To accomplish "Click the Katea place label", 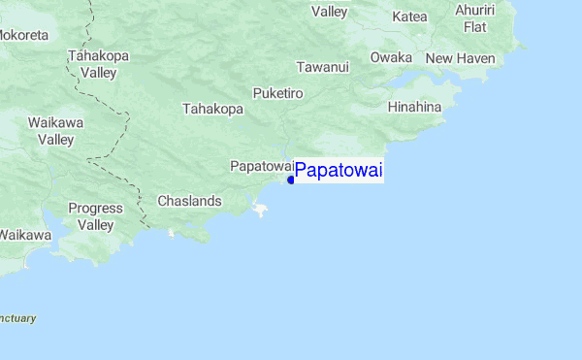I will click(409, 16).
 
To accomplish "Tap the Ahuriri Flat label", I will click(474, 18).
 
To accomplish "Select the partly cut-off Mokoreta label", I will click(23, 35).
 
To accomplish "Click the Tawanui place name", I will click(322, 67).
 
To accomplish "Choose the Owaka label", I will click(391, 58).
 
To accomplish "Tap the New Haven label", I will click(460, 59).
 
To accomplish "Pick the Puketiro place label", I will click(278, 93).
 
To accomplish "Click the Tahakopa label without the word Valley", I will click(212, 109).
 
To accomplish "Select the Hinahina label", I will click(414, 107).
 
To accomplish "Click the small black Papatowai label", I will click(261, 166).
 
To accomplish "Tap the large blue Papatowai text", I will click(339, 172).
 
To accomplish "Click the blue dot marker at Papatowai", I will click(291, 180).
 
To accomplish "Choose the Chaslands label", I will click(190, 201).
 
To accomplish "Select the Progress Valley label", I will click(95, 216).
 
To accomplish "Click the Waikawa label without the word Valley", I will click(24, 235).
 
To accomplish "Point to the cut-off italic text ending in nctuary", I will click(17, 317).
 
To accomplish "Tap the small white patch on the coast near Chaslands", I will click(259, 208).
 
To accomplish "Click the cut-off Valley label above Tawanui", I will click(329, 12).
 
